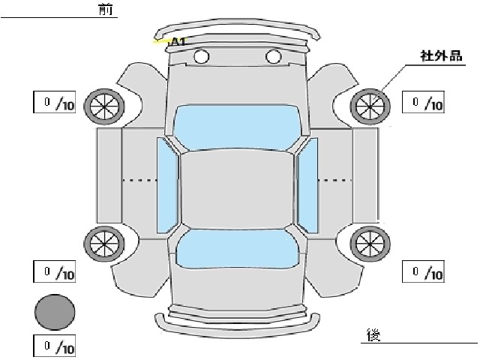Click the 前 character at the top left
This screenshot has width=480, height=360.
pyautogui.click(x=106, y=9)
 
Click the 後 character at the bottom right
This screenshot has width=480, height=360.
pyautogui.click(x=373, y=335)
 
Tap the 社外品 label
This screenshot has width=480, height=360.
pyautogui.click(x=441, y=56)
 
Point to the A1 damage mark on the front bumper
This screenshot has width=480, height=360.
pyautogui.click(x=178, y=42)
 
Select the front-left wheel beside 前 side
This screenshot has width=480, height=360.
pyautogui.click(x=104, y=106)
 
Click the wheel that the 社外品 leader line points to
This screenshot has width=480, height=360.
pyautogui.click(x=370, y=106)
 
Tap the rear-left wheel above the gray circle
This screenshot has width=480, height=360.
pyautogui.click(x=104, y=244)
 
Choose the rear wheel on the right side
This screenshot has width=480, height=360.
pyautogui.click(x=370, y=244)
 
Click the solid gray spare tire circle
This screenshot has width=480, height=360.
pyautogui.click(x=55, y=312)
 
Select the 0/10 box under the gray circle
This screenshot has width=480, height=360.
pyautogui.click(x=54, y=346)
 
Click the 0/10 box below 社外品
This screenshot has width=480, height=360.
pyautogui.click(x=423, y=102)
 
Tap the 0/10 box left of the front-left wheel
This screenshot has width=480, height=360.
pyautogui.click(x=54, y=102)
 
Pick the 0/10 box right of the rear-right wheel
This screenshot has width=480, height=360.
pyautogui.click(x=423, y=271)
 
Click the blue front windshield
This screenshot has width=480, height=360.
pyautogui.click(x=237, y=127)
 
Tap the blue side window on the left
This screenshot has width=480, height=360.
pyautogui.click(x=167, y=185)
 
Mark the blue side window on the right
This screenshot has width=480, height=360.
pyautogui.click(x=307, y=185)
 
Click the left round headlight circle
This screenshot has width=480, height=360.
pyautogui.click(x=202, y=56)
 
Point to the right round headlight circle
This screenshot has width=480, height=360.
pyautogui.click(x=273, y=56)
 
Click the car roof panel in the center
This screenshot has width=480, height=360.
pyautogui.click(x=238, y=190)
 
